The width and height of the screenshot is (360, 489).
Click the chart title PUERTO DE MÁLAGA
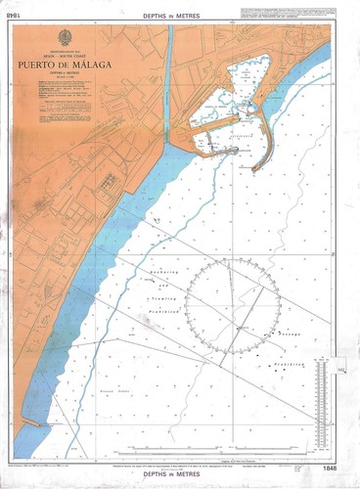click(65, 66)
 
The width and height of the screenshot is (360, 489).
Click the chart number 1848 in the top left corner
click(16, 17)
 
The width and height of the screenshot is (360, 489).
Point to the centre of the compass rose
click(235, 308)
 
